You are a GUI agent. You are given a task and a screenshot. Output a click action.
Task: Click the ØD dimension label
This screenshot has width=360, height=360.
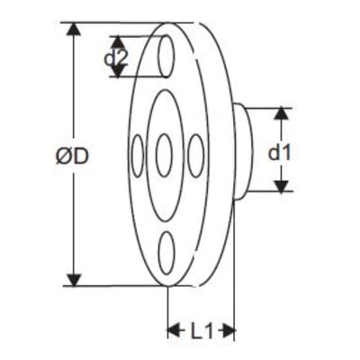pyautogui.click(x=72, y=157)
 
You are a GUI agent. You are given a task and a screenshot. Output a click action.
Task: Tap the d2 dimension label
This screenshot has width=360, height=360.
pyautogui.click(x=116, y=58)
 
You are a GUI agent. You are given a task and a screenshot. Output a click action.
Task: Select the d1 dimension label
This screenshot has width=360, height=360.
pyautogui.click(x=279, y=153)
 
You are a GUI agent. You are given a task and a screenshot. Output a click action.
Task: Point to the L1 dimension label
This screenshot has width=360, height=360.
pyautogui.click(x=202, y=331)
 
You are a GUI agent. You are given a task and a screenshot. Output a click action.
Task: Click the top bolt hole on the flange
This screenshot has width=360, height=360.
pyautogui.click(x=166, y=56)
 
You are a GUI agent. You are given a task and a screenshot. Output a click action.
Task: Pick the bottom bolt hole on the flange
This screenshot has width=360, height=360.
pyautogui.click(x=166, y=253)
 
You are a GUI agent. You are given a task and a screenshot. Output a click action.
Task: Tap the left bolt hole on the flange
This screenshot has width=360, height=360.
pyautogui.click(x=138, y=156)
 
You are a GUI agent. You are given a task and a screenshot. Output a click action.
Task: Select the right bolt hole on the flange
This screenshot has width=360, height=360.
pyautogui.click(x=196, y=156)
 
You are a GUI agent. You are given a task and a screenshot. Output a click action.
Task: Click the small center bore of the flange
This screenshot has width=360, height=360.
pyautogui.click(x=164, y=156)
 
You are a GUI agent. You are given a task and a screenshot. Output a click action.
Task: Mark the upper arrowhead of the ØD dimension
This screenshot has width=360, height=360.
pyautogui.click(x=74, y=30)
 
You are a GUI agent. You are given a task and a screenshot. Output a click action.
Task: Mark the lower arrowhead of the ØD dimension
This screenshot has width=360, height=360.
pyautogui.click(x=74, y=279)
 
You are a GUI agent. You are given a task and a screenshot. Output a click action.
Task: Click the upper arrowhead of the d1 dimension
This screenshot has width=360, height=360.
pyautogui.click(x=281, y=114)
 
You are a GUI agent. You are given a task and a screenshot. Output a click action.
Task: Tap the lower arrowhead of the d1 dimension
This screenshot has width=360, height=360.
pyautogui.click(x=281, y=185)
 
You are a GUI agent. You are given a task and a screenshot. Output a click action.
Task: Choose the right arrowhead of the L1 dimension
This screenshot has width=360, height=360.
pyautogui.click(x=227, y=330)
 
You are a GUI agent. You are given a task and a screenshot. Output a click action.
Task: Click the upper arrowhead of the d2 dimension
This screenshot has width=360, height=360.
pyautogui.click(x=118, y=42)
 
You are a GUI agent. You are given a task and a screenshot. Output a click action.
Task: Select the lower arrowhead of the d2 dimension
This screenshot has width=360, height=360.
pyautogui.click(x=118, y=71)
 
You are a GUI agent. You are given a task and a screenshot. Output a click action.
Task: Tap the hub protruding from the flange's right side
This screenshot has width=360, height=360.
pyautogui.click(x=243, y=151)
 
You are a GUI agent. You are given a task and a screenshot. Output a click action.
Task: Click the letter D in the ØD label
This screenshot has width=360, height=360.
pyautogui.click(x=81, y=157)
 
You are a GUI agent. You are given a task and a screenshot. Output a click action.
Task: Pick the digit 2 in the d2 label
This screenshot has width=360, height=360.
pyautogui.click(x=122, y=58)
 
